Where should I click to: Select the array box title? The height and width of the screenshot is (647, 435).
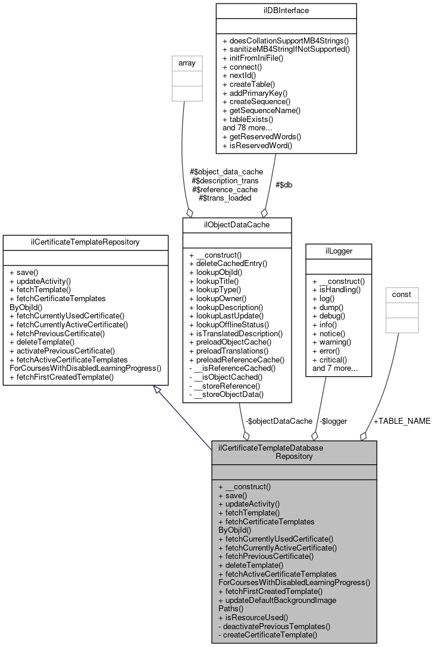click(184, 63)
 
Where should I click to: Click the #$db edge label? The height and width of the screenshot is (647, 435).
click(283, 185)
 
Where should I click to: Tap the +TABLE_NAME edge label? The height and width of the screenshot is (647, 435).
click(402, 421)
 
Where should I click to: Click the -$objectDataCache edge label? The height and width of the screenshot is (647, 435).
click(279, 421)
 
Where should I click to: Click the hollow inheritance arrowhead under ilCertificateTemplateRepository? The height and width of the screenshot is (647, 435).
click(157, 390)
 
